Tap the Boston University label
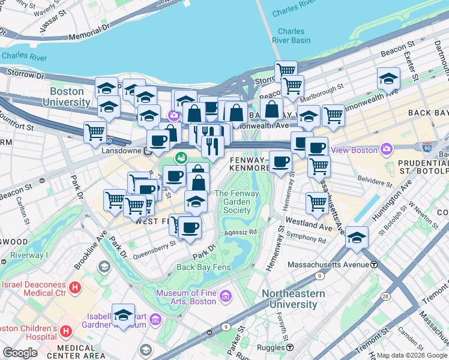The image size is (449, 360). coord(70,97)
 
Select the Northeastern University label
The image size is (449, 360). coord(294,299)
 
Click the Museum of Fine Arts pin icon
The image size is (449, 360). coord(226,295)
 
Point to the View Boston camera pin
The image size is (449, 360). coord(387,149)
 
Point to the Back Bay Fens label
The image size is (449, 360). coord(202,267)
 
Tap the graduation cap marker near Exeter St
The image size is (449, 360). coord(388,79)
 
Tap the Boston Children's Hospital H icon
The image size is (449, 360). coord(66,331)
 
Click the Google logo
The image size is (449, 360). coord(20,353)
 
